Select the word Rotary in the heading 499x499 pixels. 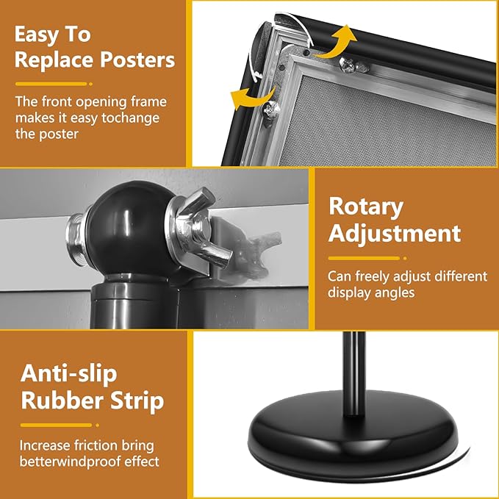tap(366, 207)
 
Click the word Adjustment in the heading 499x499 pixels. tap(395, 234)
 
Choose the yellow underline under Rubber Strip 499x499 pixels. tap(56, 424)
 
